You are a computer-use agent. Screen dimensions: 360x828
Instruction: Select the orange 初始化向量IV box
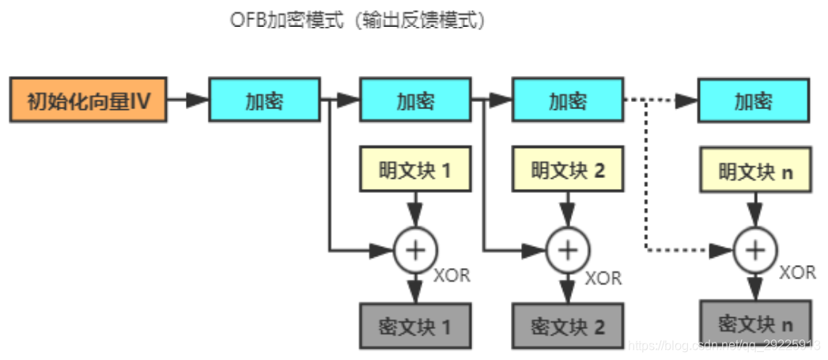[88, 100]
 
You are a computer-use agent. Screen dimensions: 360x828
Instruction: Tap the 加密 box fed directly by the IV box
[264, 100]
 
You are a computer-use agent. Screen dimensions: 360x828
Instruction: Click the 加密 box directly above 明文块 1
[415, 100]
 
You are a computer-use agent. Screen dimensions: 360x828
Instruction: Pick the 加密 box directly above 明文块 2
[567, 100]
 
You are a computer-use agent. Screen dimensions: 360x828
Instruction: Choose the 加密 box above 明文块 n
[753, 100]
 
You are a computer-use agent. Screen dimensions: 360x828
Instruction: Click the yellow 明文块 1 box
[415, 169]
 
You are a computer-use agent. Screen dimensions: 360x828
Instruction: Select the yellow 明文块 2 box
[567, 169]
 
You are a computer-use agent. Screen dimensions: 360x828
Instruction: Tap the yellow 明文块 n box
[755, 170]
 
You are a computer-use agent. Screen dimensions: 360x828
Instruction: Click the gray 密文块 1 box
[415, 325]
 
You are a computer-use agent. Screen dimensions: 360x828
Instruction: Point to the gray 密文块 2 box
[567, 325]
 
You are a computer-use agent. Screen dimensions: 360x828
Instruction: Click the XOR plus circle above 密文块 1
[415, 250]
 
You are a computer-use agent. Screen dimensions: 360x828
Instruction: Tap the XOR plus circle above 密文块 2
[567, 250]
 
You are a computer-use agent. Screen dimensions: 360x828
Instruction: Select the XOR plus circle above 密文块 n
[755, 250]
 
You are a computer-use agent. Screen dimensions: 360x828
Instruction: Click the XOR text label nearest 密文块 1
[452, 276]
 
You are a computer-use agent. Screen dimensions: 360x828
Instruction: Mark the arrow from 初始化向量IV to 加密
[187, 100]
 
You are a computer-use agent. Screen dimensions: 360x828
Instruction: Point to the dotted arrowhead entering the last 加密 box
[687, 100]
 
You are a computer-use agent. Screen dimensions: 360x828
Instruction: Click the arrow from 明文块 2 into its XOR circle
[567, 210]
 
